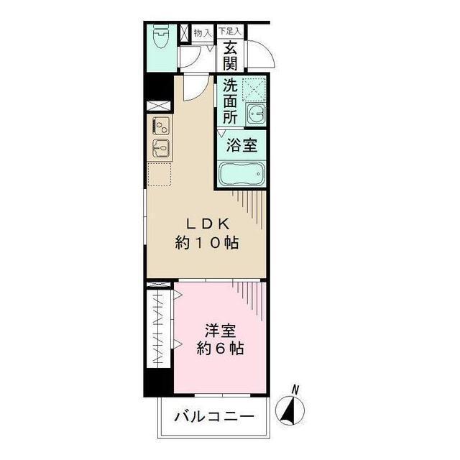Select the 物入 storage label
click(x=202, y=33)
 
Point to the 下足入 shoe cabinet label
click(x=230, y=32)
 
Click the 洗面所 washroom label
click(x=229, y=101)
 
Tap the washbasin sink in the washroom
click(x=254, y=114)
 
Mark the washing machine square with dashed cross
click(x=253, y=89)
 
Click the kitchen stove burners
click(x=160, y=126)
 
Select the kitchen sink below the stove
click(x=160, y=149)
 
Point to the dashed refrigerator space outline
click(x=160, y=174)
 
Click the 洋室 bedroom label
click(x=220, y=331)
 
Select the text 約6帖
click(x=220, y=350)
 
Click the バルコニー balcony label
click(x=214, y=416)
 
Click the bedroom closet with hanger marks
click(x=159, y=328)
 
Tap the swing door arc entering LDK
click(x=192, y=88)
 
